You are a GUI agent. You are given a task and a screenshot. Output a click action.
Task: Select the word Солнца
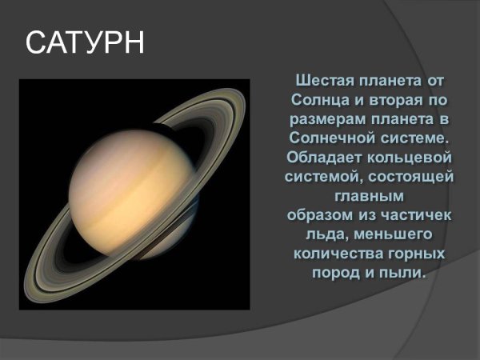(x=323, y=101)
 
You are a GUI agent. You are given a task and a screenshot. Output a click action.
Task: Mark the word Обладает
(x=326, y=158)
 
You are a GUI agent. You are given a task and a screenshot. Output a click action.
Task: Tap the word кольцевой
(x=412, y=158)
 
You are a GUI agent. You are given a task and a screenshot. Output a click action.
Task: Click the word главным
(x=369, y=196)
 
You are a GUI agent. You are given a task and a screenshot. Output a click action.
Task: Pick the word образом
(x=319, y=215)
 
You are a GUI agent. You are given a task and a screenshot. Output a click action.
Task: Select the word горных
(x=420, y=254)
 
